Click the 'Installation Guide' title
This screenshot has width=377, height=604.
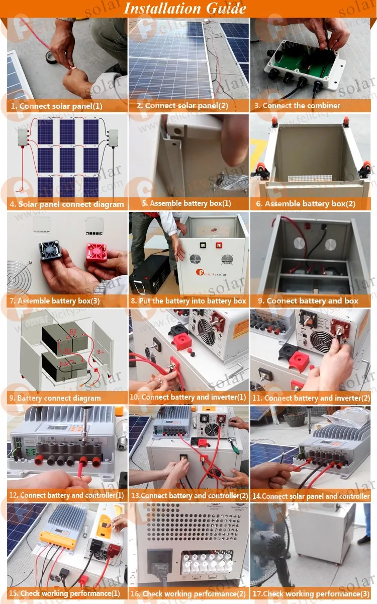[x=185, y=9]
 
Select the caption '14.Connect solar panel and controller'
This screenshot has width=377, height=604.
[x=311, y=496]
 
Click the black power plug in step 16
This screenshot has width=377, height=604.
[x=159, y=563]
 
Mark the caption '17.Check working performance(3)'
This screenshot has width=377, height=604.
[x=311, y=594]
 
